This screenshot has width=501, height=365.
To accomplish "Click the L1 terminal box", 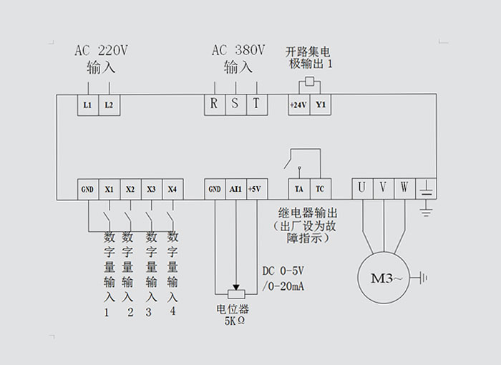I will coord(87,104).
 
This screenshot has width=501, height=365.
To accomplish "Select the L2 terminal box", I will coord(109,104).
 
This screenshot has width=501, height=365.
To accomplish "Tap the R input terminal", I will coord(213,103).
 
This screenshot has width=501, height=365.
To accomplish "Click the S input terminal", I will coord(235,103).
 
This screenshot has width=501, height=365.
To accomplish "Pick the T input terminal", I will coord(256,103).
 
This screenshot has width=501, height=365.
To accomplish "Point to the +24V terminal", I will coord(298,104).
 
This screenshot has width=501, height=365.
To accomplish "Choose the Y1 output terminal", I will coord(321,104).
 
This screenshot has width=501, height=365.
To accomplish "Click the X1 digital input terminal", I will coord(109,189).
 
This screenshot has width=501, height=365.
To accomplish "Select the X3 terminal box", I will coord(151,189).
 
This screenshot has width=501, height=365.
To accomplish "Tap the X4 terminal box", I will coord(172,189).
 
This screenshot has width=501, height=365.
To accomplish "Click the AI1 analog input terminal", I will coord(235,189).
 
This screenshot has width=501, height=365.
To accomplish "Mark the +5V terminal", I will coord(255,189).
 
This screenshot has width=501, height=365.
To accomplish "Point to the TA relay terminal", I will coord(298,189).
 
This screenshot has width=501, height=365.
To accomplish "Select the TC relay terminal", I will coord(320,189).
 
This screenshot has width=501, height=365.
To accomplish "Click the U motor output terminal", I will coord(361,188).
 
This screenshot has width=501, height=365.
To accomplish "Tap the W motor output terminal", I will coord(404,188).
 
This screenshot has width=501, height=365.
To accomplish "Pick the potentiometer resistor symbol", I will coord(235,293).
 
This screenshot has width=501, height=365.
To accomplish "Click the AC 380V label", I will coord(238,51).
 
